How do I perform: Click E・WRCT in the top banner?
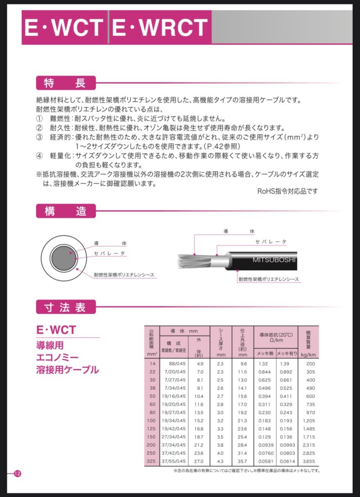coord(160,27)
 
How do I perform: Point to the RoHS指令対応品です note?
coord(287,191)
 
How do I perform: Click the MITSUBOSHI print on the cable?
coord(274,260)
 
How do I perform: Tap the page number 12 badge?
coord(18,474)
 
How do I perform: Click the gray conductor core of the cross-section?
coord(61,258)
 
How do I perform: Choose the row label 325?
coord(151,461)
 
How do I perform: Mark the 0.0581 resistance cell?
coord(264,461)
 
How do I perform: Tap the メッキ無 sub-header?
coord(264,354)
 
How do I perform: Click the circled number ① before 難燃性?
coord(40,118)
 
